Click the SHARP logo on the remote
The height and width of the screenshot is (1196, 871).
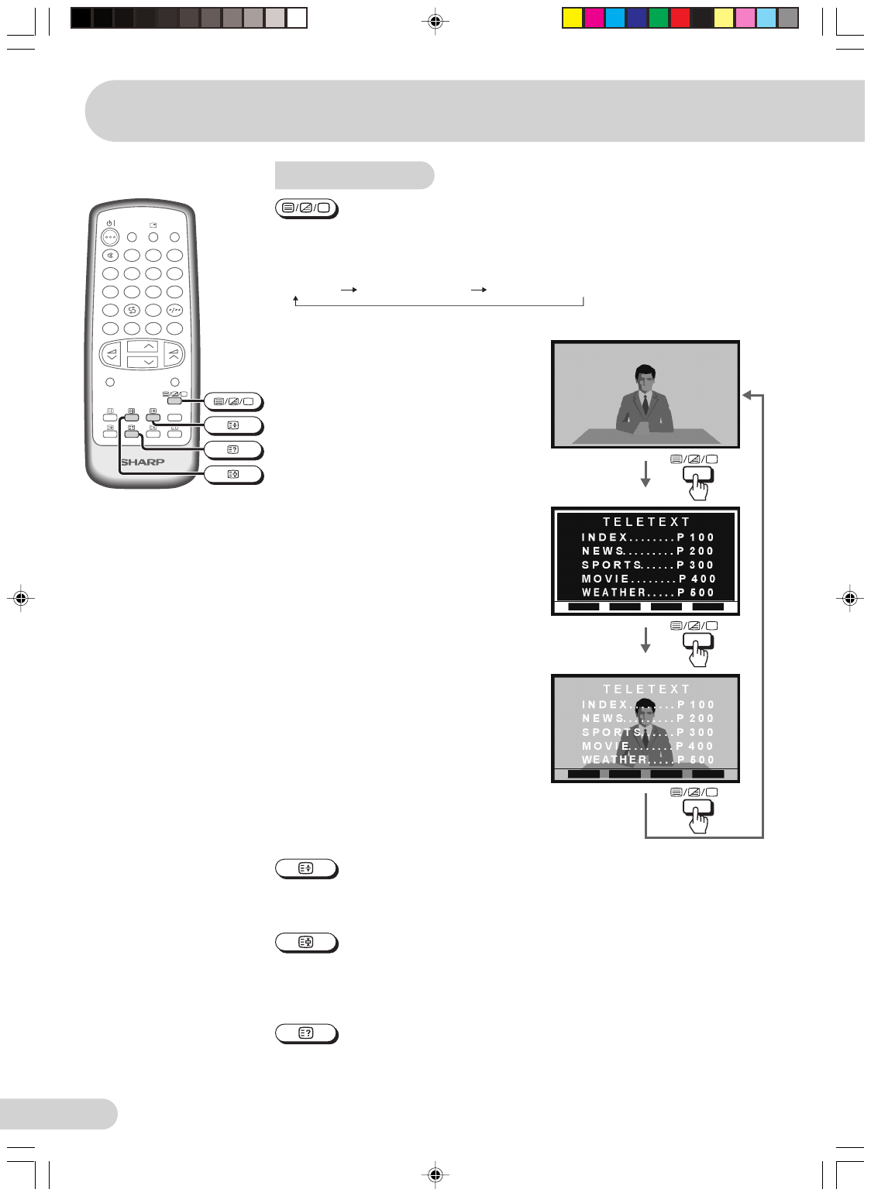pyautogui.click(x=143, y=462)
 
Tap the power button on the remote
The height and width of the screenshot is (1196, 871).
pyautogui.click(x=110, y=237)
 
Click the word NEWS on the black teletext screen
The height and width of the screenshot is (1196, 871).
pyautogui.click(x=603, y=551)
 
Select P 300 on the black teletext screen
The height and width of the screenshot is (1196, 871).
pyautogui.click(x=696, y=565)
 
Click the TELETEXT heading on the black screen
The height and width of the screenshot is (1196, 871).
pyautogui.click(x=646, y=522)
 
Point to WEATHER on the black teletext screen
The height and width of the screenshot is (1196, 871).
pyautogui.click(x=614, y=592)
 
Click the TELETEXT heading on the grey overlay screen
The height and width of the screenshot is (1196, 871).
pyautogui.click(x=646, y=689)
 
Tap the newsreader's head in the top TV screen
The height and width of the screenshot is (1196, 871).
pyautogui.click(x=645, y=377)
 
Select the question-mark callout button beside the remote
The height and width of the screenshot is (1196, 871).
pyautogui.click(x=233, y=450)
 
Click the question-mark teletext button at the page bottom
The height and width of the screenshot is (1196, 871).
pyautogui.click(x=307, y=1033)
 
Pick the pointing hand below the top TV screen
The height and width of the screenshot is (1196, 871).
pyautogui.click(x=699, y=486)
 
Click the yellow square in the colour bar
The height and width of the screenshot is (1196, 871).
pyautogui.click(x=572, y=18)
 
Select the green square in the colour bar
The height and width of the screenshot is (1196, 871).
pyautogui.click(x=658, y=18)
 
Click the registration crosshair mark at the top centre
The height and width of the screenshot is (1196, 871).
pyautogui.click(x=435, y=22)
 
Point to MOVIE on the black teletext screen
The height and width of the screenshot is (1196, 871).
pyautogui.click(x=605, y=579)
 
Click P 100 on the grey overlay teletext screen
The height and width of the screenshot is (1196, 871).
pyautogui.click(x=696, y=704)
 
